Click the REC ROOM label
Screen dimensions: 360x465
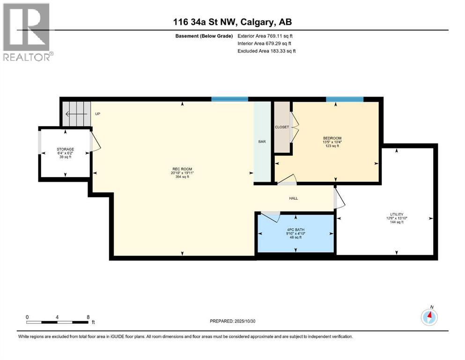point(182,169)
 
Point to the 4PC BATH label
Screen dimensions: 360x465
point(295,229)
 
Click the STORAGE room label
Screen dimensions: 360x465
point(66,150)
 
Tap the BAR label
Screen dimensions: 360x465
point(262,141)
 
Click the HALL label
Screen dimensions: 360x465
point(293,198)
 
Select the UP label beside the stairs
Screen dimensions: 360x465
point(97,114)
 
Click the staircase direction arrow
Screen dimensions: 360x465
point(75,114)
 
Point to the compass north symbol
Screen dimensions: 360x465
point(429,317)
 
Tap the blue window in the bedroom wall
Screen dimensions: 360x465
point(345,99)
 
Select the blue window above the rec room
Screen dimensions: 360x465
point(229,99)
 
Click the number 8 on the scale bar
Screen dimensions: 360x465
point(88,317)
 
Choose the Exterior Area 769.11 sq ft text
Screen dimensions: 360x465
point(266,36)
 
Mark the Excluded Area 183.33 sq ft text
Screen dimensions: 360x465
point(266,51)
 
